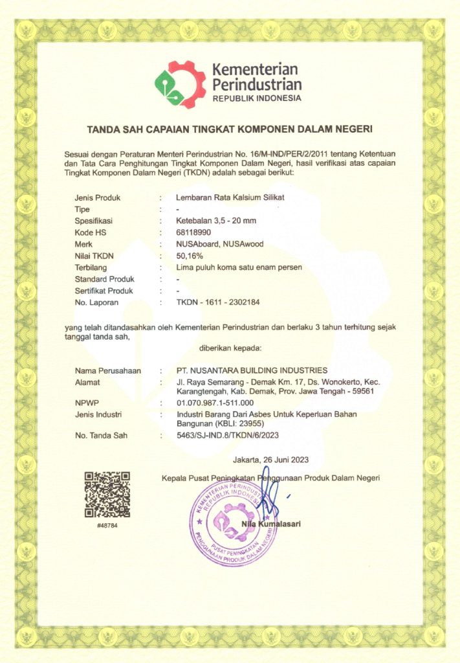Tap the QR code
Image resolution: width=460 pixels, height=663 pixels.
(x=107, y=494)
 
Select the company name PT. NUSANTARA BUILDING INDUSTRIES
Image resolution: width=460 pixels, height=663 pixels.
(x=252, y=370)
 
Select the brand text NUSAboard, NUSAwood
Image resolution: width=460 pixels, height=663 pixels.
(x=220, y=244)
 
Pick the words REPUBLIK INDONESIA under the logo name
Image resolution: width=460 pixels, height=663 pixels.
(x=257, y=98)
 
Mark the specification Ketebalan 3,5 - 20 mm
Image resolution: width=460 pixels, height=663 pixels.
(x=216, y=221)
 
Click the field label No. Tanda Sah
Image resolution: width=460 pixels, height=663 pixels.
(x=101, y=436)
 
